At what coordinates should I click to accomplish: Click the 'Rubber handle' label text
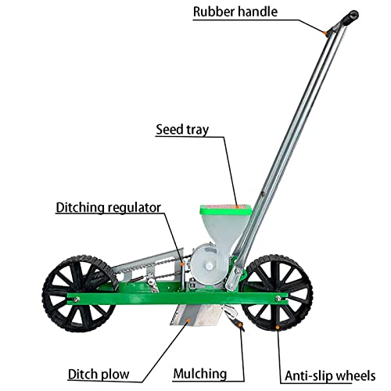(235, 12)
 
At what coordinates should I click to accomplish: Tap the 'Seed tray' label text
(182, 129)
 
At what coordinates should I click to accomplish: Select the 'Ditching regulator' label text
(109, 208)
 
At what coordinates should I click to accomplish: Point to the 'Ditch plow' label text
(99, 375)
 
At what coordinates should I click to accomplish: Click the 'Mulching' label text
(200, 374)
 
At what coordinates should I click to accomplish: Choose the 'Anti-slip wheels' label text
(330, 376)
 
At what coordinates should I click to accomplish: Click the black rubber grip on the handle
(350, 18)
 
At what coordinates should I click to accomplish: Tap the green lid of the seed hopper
(225, 210)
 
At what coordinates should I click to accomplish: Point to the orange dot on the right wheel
(278, 327)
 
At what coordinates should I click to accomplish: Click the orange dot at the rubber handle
(325, 33)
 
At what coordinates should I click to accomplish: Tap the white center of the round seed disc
(209, 266)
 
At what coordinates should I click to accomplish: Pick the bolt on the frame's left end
(76, 300)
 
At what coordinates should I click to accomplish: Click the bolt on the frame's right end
(278, 298)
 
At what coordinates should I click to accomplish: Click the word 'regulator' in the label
(135, 208)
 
